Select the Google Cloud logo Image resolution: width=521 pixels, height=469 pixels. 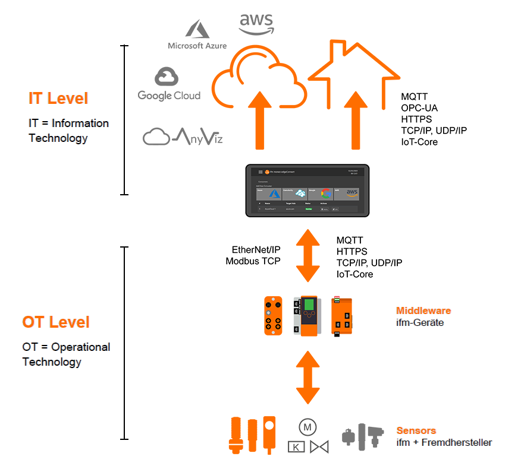[169, 84]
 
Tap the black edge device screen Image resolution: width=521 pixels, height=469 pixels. [308, 191]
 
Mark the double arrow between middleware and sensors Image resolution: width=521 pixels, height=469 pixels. [307, 378]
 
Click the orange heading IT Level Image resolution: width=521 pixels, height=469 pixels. [58, 99]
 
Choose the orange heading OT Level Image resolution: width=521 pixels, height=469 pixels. [56, 322]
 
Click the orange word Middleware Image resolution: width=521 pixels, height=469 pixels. [423, 310]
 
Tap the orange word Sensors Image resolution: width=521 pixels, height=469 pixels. [416, 430]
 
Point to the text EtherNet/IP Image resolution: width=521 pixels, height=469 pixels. [256, 249]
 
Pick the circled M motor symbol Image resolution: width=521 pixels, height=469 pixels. [307, 427]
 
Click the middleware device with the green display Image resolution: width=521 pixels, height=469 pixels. [309, 315]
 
